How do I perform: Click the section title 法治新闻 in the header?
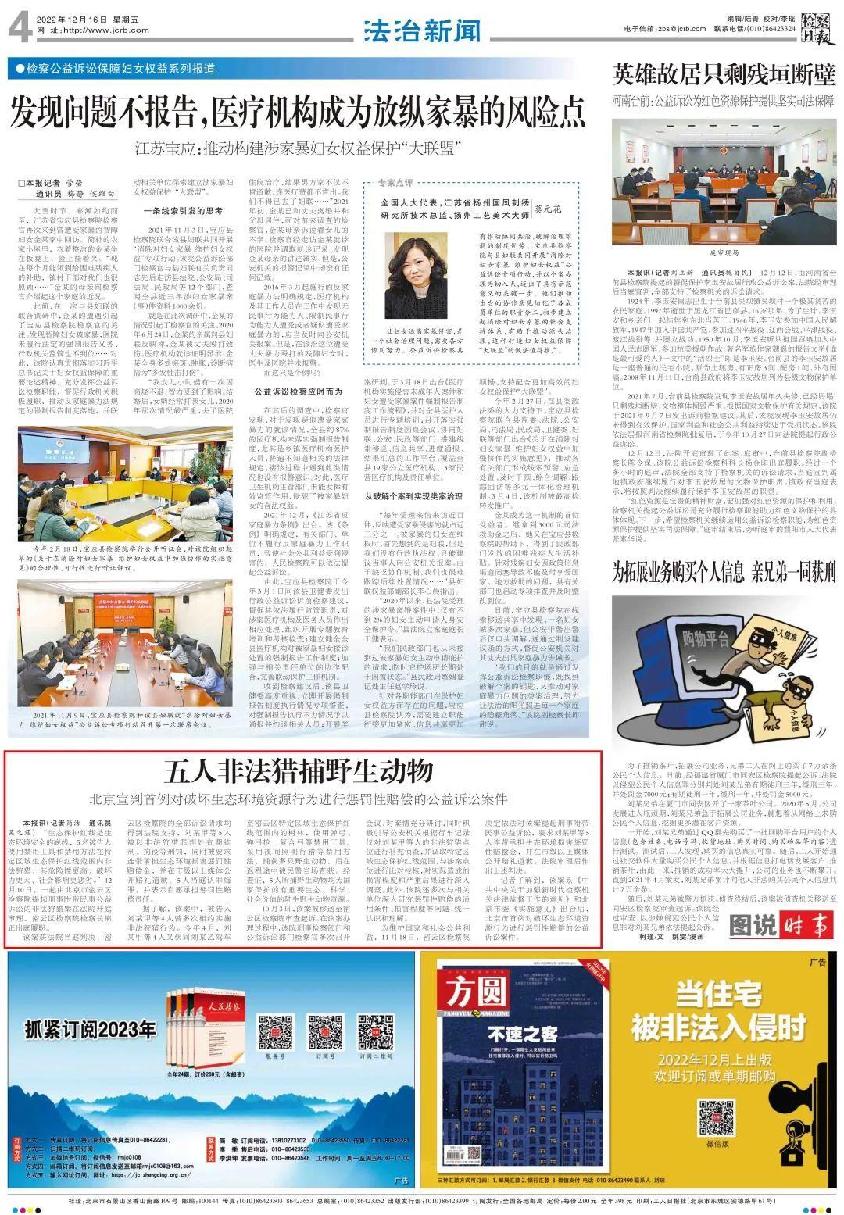tap(422, 31)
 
